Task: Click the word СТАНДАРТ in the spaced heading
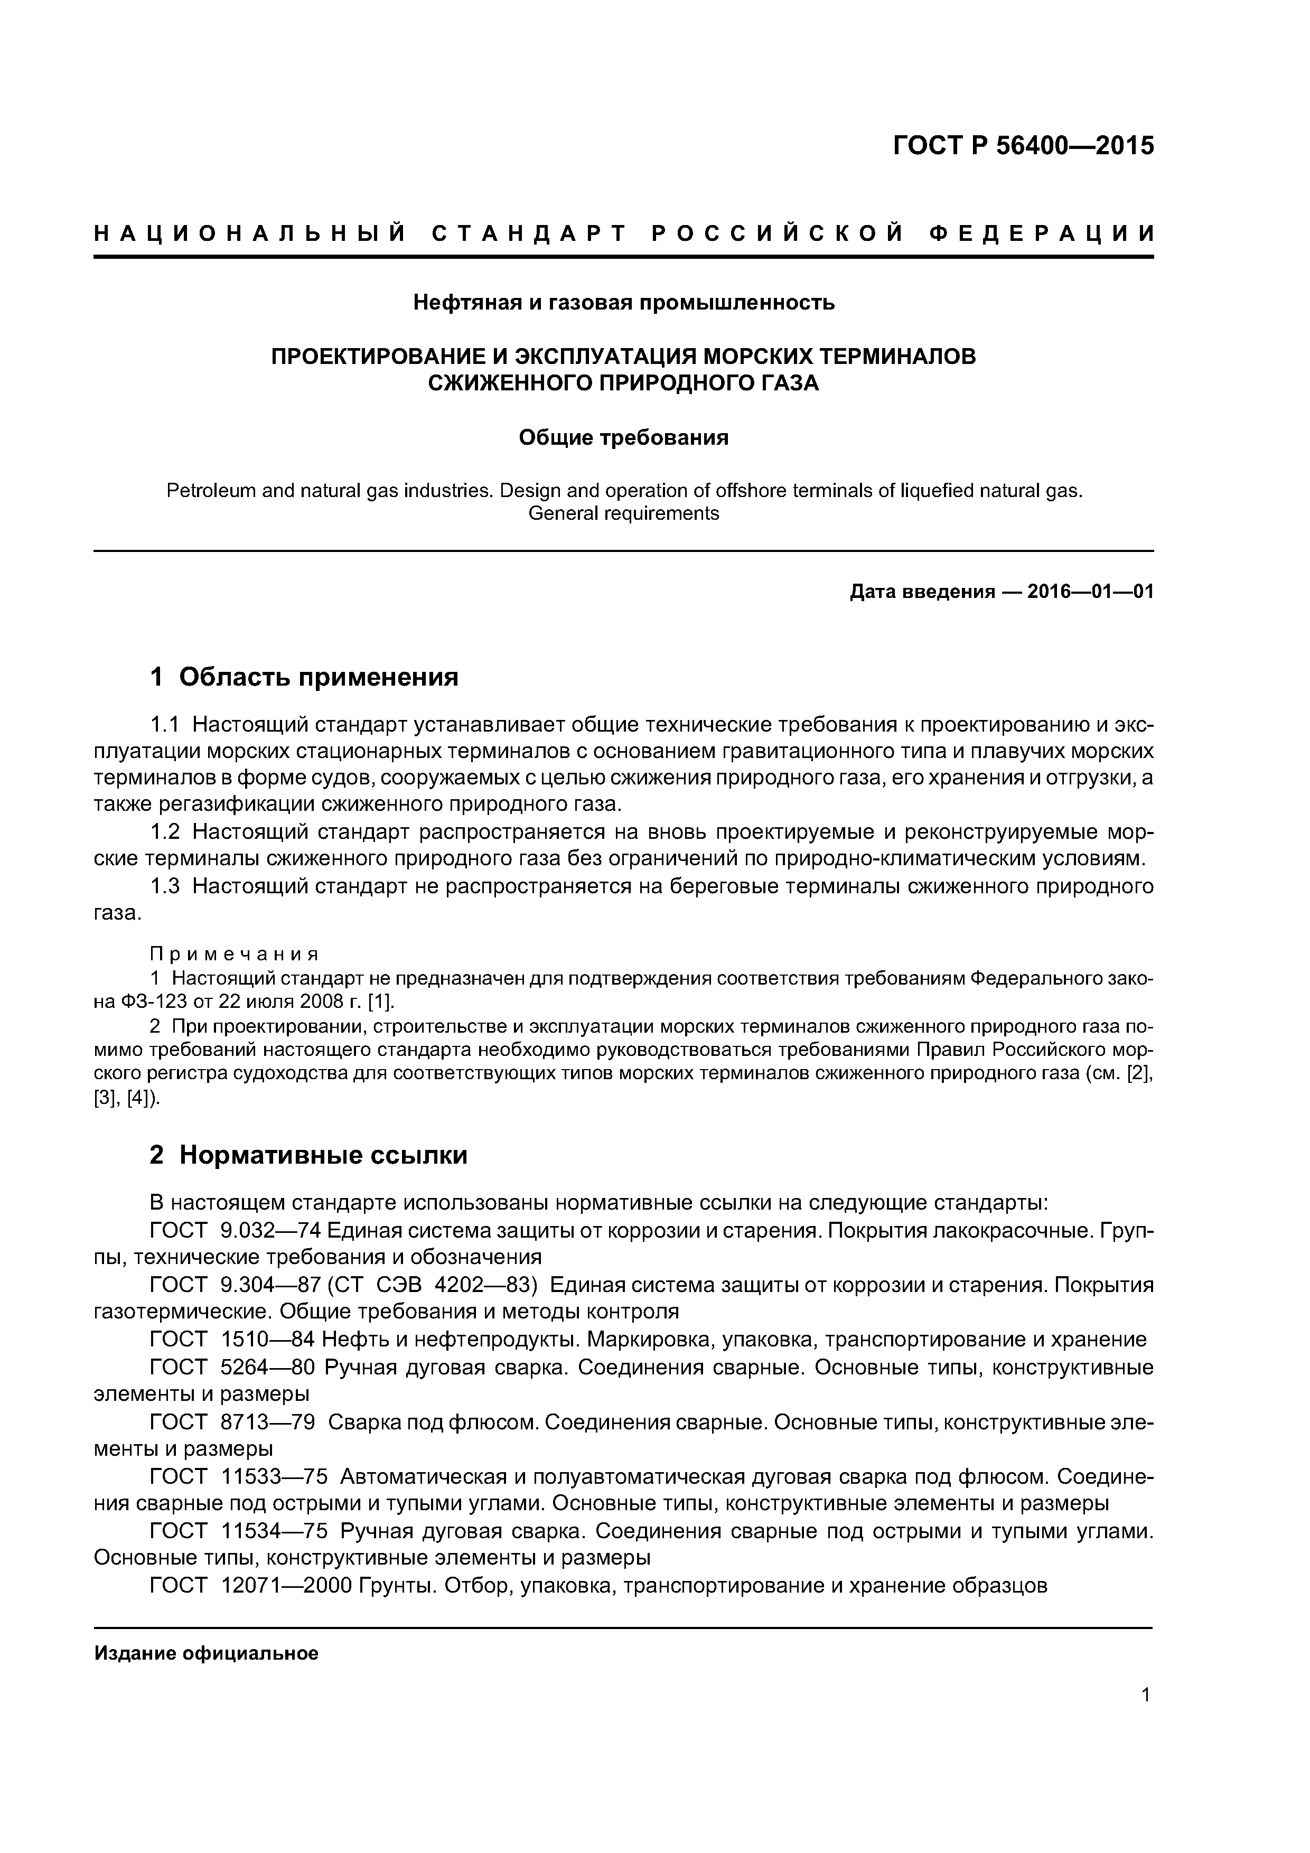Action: [529, 234]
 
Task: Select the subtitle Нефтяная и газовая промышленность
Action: [623, 303]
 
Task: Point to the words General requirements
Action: [623, 513]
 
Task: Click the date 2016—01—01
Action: [1090, 592]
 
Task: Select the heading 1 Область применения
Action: [304, 676]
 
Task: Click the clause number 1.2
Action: [165, 831]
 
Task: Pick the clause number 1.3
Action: [165, 886]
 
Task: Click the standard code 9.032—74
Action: [270, 1230]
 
